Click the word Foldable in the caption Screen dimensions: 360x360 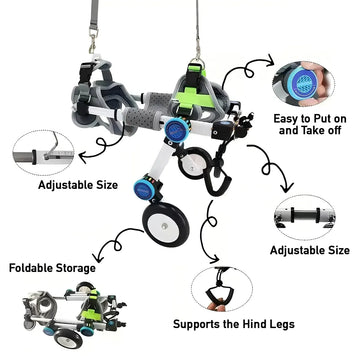click(31, 268)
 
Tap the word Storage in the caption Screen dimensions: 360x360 click(76, 268)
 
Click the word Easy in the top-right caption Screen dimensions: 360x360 click(286, 118)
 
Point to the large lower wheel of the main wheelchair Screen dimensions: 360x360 click(166, 224)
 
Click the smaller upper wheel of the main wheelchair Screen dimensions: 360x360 click(193, 163)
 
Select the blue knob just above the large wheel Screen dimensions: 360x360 click(144, 189)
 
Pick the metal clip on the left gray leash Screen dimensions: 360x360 click(93, 41)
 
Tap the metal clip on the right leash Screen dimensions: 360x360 click(198, 52)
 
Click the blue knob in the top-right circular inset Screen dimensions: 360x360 click(302, 83)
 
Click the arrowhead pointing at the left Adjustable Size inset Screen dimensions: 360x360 click(82, 156)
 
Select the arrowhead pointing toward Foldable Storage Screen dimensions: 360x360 click(97, 258)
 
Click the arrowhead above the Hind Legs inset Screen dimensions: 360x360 click(215, 259)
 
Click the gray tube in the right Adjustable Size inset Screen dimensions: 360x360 click(304, 215)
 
